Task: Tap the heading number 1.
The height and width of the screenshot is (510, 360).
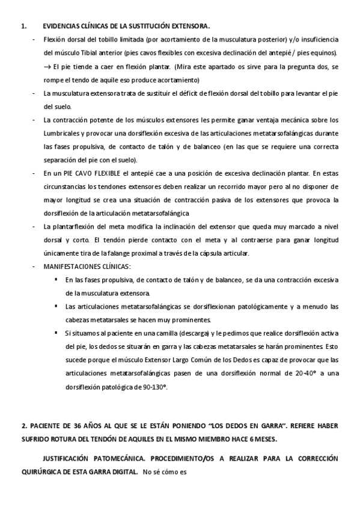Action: [x=23, y=26]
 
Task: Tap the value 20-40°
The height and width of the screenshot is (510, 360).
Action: [x=295, y=373]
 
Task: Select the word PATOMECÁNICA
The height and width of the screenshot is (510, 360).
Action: [x=114, y=458]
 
